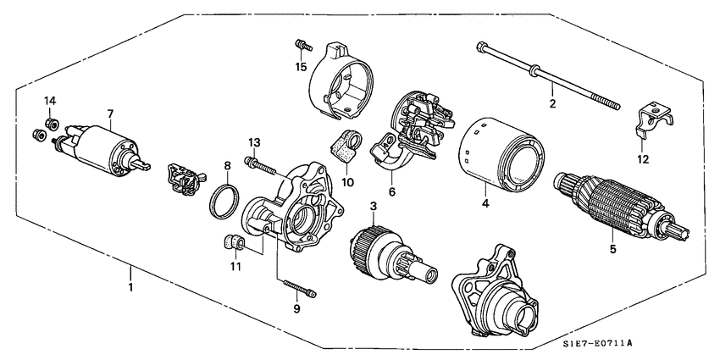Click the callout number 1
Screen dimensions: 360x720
[x=130, y=288]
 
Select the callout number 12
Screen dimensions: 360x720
[x=643, y=158]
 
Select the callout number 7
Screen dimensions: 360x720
[x=109, y=113]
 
